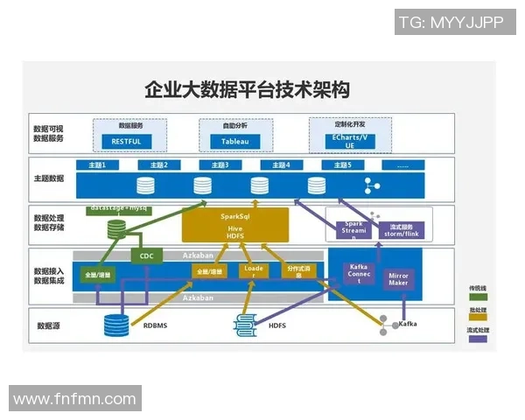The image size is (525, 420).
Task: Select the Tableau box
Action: coord(234,141)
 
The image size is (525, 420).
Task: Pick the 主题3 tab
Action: coord(214,164)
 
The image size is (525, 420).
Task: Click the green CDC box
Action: coord(145,256)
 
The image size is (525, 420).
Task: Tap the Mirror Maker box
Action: coord(399,280)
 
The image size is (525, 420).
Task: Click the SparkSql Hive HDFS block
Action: coord(234,225)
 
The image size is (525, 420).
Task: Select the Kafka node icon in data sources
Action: coord(386,326)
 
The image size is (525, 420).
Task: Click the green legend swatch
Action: coord(479,297)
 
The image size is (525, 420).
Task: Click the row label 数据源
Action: coord(48,325)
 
